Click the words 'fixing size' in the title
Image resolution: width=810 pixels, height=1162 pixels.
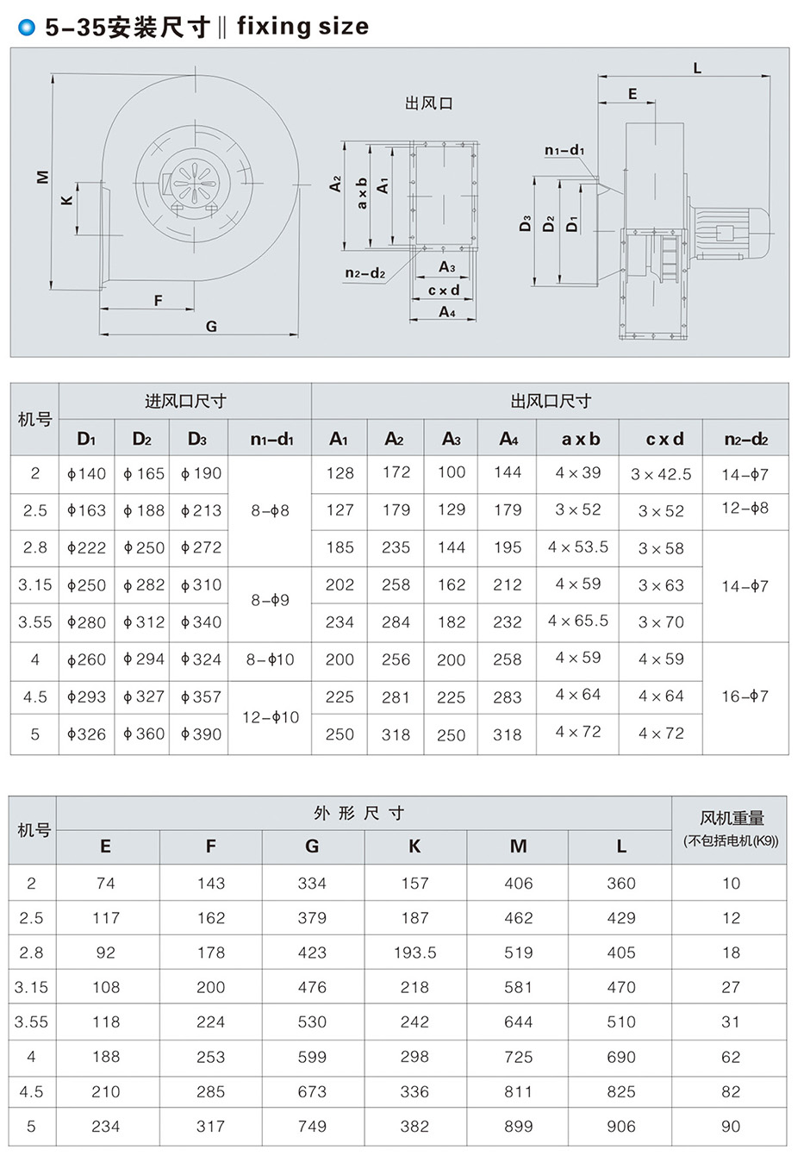(302, 27)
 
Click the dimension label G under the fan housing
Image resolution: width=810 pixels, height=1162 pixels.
(211, 326)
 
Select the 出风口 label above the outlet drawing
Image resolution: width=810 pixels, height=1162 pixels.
(428, 103)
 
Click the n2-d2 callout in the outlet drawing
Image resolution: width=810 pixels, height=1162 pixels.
(364, 273)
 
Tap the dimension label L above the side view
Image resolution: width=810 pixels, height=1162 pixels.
(697, 68)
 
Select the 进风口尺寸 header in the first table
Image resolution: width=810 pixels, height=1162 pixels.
(185, 401)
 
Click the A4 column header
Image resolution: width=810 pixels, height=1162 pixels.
(508, 439)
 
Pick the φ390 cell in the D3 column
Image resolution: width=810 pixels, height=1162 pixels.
(201, 734)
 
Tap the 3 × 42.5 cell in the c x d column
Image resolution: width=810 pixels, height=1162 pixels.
(661, 474)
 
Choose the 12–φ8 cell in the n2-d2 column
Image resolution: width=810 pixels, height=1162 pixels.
(745, 508)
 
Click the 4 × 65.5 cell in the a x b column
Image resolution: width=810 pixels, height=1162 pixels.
(578, 621)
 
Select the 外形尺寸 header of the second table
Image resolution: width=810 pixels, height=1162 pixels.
(359, 813)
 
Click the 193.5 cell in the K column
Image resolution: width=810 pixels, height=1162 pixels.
(414, 953)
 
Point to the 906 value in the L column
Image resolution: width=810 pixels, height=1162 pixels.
(620, 1126)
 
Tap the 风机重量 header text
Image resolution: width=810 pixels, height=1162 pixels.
(732, 819)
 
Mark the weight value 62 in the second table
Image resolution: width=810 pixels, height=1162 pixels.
(731, 1056)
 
